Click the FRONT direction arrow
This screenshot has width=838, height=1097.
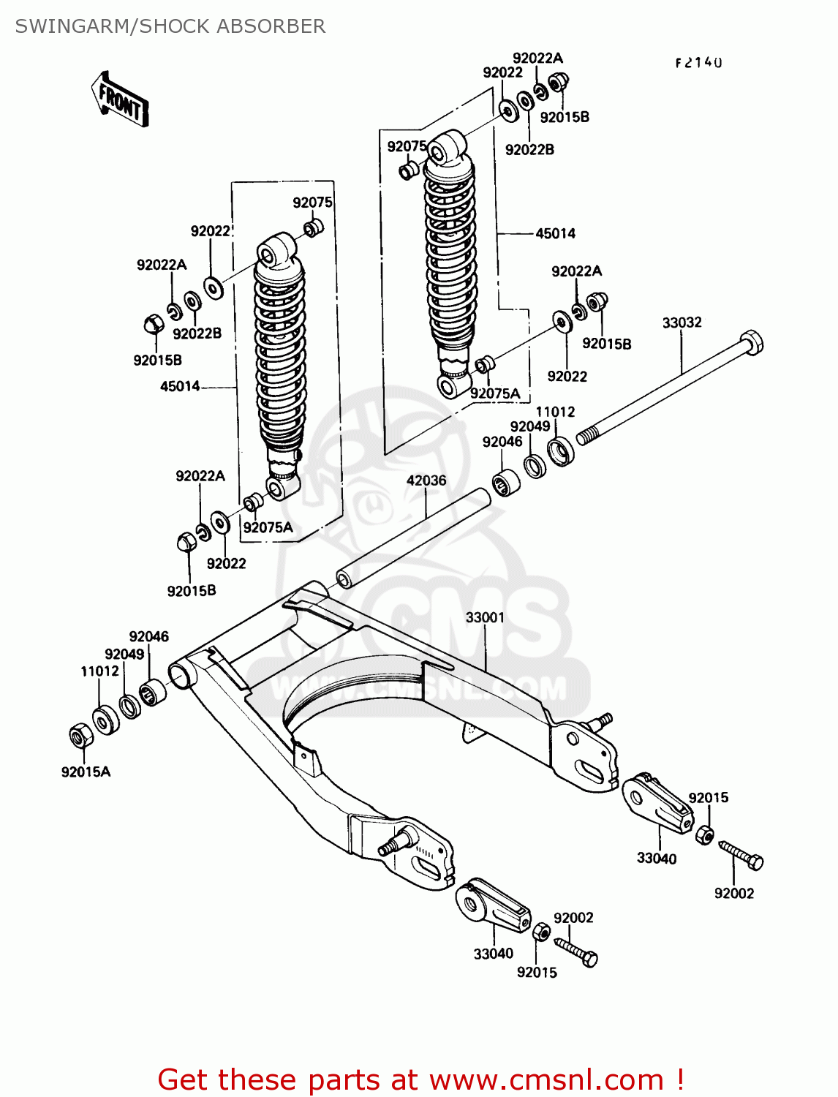click(x=120, y=100)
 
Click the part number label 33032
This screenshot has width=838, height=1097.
click(x=682, y=323)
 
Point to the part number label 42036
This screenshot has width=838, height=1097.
click(x=426, y=480)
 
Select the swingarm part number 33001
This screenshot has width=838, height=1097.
click(x=485, y=617)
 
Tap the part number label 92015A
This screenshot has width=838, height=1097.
click(x=86, y=772)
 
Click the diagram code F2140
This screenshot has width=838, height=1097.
click(x=698, y=63)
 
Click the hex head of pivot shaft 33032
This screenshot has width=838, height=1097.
click(x=751, y=342)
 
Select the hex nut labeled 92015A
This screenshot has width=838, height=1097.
click(x=80, y=734)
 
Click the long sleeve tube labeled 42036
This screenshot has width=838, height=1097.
click(x=414, y=538)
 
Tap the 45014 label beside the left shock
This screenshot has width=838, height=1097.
click(x=180, y=386)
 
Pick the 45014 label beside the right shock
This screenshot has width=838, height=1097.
click(x=555, y=233)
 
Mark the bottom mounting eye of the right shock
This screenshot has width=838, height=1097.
click(x=450, y=385)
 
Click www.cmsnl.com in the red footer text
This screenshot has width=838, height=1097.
click(x=546, y=1079)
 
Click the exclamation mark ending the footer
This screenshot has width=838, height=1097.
click(x=679, y=1079)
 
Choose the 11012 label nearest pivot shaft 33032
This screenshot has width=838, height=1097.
click(x=555, y=412)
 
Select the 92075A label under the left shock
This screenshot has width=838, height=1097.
click(x=268, y=527)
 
